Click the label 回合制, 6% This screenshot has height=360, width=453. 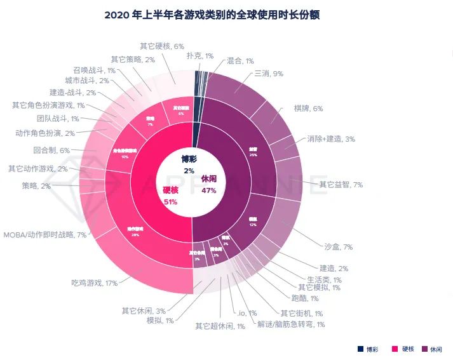tap(51, 150)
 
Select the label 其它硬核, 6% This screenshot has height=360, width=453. tap(162, 46)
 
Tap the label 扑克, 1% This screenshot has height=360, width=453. tap(199, 56)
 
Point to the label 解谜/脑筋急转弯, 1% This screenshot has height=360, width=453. tap(290, 324)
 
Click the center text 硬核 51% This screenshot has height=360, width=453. tap(170, 196)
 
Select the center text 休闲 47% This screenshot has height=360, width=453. tap(209, 184)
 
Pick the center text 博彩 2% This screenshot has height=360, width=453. tap(189, 164)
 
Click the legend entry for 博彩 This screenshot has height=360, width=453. tap(368, 349)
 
